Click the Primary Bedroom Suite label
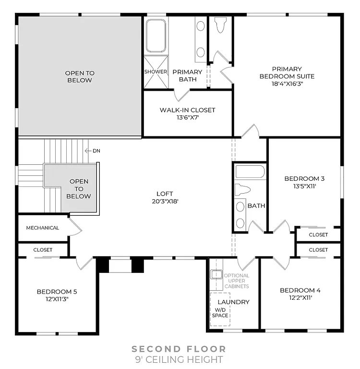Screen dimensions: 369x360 coord(287,73)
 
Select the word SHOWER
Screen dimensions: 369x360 coord(156,72)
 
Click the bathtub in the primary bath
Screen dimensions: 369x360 coord(156,36)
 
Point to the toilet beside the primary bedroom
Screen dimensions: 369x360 coord(221,25)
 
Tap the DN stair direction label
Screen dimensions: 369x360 coord(96,151)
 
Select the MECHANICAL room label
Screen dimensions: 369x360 coord(43,228)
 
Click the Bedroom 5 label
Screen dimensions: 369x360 coord(57,291)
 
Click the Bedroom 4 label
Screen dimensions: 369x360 coord(300,290)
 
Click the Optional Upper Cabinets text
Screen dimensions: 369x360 coord(237,281)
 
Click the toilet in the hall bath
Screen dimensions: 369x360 coord(242,189)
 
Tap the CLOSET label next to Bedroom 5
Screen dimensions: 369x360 coord(43,250)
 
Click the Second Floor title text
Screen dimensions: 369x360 coord(179,349)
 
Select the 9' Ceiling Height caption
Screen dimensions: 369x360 coord(179,359)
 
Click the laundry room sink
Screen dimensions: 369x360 coord(216,274)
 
